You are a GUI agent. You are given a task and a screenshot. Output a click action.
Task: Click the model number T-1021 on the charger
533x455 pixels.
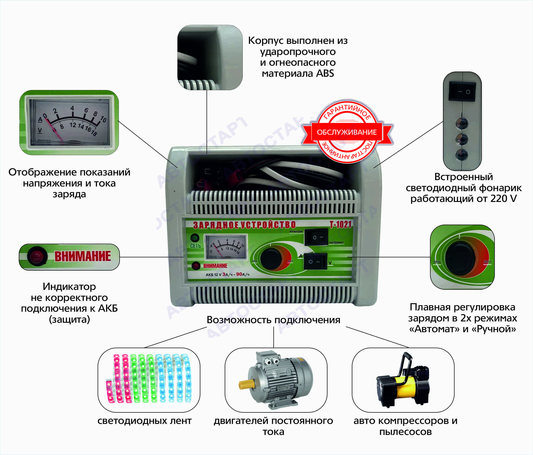(340, 225)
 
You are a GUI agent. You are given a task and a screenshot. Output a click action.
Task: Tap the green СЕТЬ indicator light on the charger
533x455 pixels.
(195, 237)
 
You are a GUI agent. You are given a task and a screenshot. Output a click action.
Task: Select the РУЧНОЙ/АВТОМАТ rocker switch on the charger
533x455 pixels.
(316, 237)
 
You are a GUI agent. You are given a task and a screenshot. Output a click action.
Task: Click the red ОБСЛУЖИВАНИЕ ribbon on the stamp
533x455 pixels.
(347, 132)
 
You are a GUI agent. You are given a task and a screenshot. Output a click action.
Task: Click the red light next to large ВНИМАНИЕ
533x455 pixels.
(37, 256)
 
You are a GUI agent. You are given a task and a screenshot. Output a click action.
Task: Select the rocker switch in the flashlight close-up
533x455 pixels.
(462, 91)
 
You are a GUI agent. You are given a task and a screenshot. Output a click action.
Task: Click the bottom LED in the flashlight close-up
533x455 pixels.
(462, 155)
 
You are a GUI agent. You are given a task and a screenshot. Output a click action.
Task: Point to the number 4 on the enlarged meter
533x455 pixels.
(72, 108)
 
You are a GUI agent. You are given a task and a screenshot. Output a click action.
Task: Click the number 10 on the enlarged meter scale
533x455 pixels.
(103, 119)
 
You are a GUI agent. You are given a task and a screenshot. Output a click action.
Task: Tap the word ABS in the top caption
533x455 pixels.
(325, 74)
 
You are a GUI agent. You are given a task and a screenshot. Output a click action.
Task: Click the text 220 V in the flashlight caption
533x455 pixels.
(503, 199)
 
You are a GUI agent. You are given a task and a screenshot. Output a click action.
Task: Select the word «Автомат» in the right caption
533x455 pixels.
(434, 329)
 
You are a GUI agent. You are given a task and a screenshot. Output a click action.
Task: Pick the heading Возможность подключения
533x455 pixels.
(274, 320)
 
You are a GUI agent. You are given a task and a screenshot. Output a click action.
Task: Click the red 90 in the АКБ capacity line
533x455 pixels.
(239, 274)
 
